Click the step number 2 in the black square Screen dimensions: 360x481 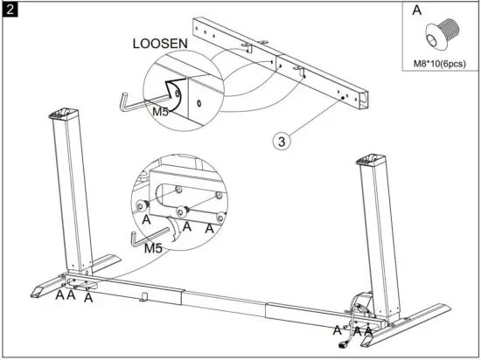pyautogui.click(x=11, y=10)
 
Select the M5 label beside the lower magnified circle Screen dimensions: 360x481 pyautogui.click(x=153, y=247)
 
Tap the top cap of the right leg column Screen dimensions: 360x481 pyautogui.click(x=373, y=162)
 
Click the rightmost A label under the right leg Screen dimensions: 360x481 pyautogui.click(x=369, y=331)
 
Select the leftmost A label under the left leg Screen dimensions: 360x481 pyautogui.click(x=59, y=295)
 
